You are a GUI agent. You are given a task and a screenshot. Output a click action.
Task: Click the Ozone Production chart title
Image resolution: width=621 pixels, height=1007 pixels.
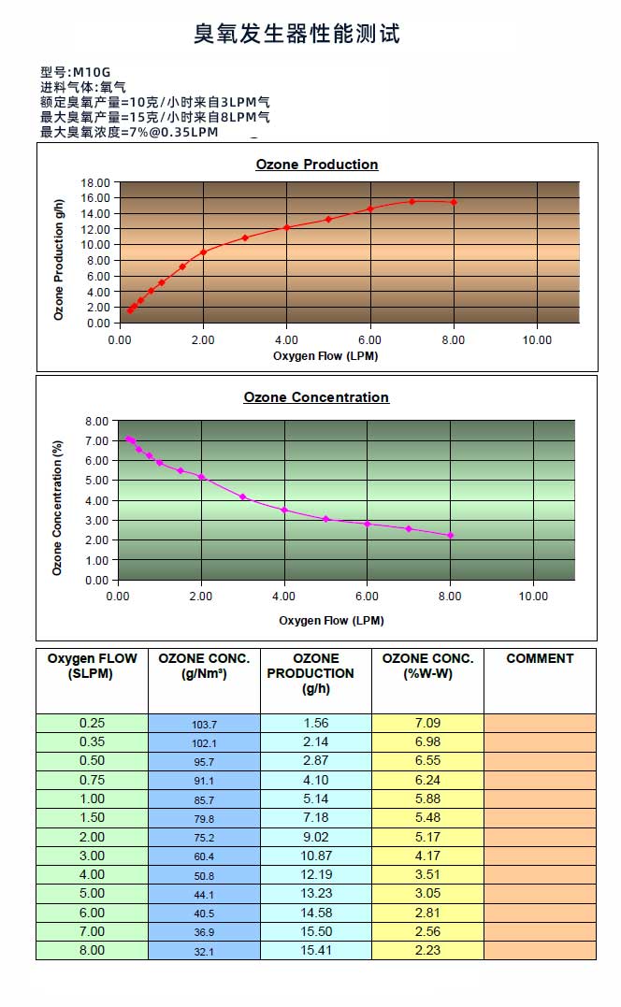click(317, 165)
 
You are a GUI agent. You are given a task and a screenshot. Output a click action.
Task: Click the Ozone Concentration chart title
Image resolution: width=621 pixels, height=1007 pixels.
click(316, 397)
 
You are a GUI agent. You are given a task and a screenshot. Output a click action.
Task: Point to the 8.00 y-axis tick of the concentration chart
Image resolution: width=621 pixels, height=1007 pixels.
click(97, 421)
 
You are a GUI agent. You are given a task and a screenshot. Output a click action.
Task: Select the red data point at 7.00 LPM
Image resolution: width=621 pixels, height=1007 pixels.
click(412, 201)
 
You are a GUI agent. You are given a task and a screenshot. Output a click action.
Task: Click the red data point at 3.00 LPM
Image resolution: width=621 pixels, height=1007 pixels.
click(245, 237)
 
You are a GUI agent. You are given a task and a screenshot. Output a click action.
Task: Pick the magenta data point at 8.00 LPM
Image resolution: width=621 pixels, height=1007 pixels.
click(450, 536)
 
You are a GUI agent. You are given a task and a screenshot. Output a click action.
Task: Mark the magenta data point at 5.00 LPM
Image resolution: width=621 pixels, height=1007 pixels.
click(325, 519)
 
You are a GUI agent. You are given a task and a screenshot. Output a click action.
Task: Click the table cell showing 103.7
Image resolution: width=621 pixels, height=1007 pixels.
click(204, 725)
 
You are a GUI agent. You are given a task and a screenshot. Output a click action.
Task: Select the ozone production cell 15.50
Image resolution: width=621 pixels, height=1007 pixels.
click(316, 931)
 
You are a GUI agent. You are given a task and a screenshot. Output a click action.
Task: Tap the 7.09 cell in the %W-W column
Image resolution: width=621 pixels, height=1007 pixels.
click(427, 723)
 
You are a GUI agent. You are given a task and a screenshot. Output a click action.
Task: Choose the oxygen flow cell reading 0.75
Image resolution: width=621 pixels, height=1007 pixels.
click(92, 780)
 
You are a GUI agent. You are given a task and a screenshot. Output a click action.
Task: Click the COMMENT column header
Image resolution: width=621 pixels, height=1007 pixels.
click(540, 658)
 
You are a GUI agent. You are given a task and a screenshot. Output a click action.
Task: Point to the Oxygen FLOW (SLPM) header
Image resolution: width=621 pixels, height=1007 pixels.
click(92, 666)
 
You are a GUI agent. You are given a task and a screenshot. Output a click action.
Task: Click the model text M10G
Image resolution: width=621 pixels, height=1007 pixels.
click(92, 72)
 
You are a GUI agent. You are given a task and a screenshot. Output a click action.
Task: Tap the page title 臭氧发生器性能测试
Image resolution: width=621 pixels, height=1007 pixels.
click(296, 35)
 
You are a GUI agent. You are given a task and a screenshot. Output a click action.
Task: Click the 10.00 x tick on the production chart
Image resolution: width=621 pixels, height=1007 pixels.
click(537, 340)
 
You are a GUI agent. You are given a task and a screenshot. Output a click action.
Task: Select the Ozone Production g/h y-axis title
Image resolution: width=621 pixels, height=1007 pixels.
click(60, 260)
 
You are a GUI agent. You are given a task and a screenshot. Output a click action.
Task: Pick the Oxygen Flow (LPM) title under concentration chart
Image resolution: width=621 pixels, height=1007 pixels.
click(331, 620)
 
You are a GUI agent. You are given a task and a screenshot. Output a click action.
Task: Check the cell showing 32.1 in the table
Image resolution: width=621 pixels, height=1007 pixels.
click(204, 952)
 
